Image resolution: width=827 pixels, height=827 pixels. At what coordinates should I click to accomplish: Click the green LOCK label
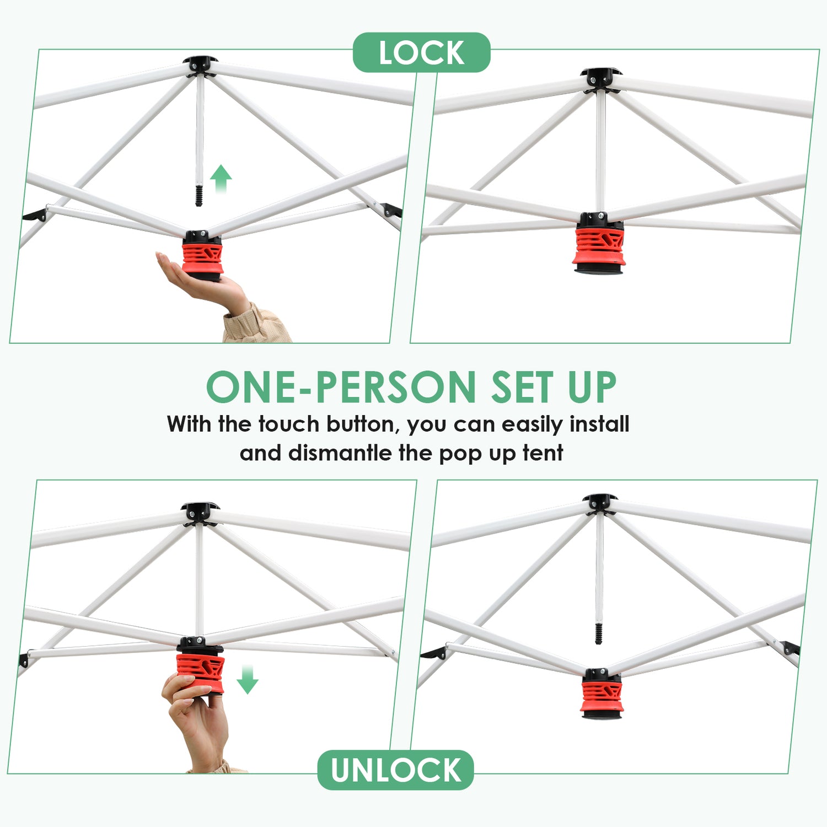(422, 53)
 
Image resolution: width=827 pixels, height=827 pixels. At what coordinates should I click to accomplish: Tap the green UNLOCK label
(396, 770)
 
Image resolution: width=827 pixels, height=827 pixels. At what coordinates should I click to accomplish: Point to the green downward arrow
(247, 679)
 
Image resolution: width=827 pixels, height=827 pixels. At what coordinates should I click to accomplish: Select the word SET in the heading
(522, 387)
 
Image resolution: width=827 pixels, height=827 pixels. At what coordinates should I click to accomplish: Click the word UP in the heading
(592, 387)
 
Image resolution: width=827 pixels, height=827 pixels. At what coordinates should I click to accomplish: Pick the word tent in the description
(543, 453)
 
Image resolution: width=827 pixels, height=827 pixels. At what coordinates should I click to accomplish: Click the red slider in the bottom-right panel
(602, 697)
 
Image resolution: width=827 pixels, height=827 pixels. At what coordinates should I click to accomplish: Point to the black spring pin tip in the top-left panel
(199, 196)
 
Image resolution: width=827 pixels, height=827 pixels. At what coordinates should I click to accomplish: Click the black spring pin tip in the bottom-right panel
(599, 633)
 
